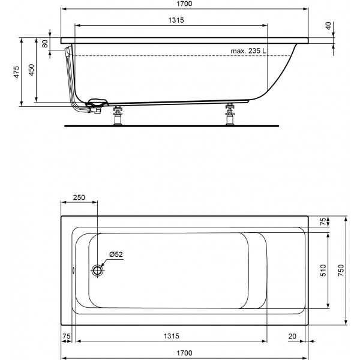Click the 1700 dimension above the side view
point(185,4)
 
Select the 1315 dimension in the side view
point(176,20)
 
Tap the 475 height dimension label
point(17,72)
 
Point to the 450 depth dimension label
point(31,70)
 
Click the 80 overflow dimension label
point(45,44)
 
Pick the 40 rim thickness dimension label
point(329,26)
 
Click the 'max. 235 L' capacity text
point(248,51)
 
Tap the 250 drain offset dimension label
point(79,197)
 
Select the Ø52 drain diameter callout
point(116,254)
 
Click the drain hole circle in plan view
point(97,270)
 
